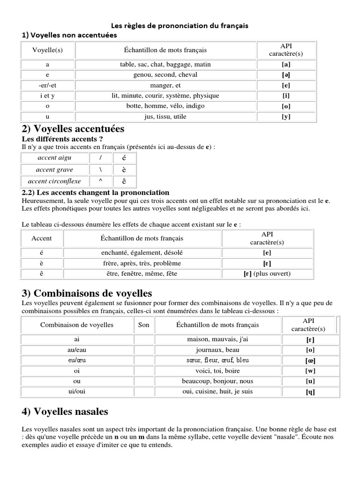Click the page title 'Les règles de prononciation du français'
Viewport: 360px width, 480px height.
(180, 26)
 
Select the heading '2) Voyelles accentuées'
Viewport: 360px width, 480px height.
(73, 128)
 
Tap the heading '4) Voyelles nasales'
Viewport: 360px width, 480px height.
(65, 412)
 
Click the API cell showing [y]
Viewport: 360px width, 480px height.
(286, 117)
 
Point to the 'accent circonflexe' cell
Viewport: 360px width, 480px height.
(54, 181)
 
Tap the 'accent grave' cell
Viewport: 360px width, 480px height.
(54, 170)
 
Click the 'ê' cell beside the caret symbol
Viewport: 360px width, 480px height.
(124, 181)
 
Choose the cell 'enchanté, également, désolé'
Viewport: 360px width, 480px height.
(142, 253)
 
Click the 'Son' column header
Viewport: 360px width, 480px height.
(144, 325)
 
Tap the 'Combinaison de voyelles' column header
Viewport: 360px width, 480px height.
(77, 325)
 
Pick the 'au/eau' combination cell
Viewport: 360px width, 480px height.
(77, 350)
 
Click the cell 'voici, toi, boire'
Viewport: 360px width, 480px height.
(217, 371)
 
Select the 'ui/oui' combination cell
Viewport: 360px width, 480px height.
(77, 392)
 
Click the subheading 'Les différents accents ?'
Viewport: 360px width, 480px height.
(62, 139)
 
